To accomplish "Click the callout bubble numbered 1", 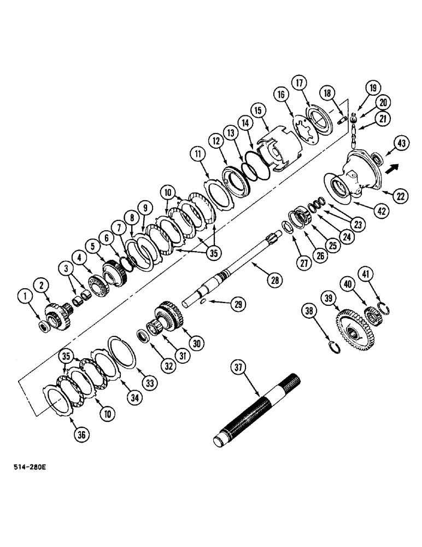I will pyautogui.click(x=23, y=297).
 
